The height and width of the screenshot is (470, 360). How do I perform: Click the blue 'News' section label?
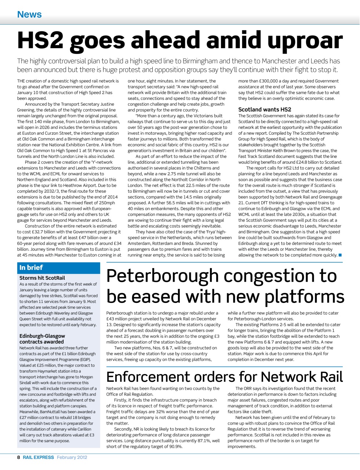29,14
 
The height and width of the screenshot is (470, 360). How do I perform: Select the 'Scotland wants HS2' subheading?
265,109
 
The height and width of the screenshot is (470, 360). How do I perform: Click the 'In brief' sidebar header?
31,268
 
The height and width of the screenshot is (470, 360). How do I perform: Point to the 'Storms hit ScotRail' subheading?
42,278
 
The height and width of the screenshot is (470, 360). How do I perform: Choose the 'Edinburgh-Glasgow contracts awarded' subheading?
42,339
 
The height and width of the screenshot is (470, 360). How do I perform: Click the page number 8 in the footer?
19,458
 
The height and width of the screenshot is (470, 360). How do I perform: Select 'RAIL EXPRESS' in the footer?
38,458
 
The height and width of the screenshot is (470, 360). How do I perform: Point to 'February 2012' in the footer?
72,458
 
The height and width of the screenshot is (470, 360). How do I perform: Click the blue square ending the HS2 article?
340,255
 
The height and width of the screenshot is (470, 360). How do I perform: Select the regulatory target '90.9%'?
174,446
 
